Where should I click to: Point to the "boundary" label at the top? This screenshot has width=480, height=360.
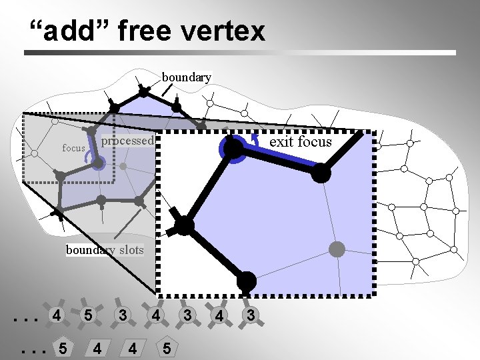tap(187, 77)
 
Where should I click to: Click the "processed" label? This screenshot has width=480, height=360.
tap(128, 141)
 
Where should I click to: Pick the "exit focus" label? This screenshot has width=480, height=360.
tap(300, 141)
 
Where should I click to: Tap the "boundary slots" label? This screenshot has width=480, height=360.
tap(105, 250)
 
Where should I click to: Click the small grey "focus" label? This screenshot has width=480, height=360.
tap(73, 148)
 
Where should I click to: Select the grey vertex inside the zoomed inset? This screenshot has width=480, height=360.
tap(337, 250)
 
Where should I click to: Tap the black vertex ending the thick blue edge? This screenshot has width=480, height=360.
tap(321, 173)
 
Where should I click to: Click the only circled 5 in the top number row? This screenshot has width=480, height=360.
tap(87, 315)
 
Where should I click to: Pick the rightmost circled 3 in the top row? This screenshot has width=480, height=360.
tap(249, 315)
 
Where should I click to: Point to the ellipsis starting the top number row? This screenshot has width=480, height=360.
tap(25, 317)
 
